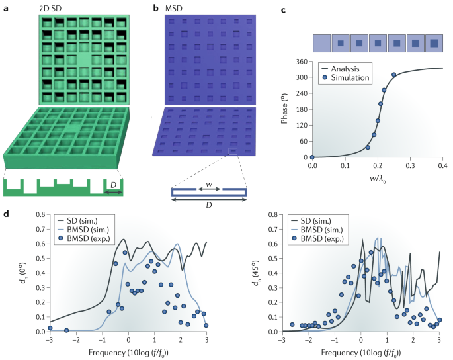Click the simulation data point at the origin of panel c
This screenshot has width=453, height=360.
[313, 157]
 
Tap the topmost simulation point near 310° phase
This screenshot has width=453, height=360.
[393, 75]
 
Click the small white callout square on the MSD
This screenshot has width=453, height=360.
[232, 152]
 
